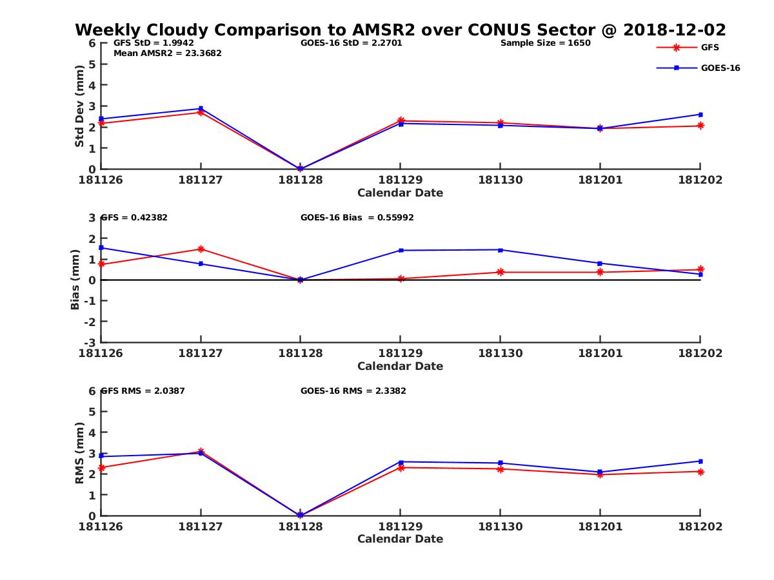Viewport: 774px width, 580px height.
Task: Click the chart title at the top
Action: point(400,30)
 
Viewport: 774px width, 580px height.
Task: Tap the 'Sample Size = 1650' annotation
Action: point(545,43)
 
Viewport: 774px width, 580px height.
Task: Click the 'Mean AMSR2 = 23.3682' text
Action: point(167,53)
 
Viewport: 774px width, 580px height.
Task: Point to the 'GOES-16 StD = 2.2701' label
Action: point(352,43)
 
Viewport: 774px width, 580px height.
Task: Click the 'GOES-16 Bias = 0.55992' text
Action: point(357,217)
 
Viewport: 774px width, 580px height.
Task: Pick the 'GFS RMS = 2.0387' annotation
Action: point(143,391)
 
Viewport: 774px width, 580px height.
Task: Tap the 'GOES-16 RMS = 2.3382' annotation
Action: point(353,391)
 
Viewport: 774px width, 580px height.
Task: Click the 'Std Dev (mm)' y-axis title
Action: point(79,106)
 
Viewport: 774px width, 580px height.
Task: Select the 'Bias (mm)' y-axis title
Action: point(75,280)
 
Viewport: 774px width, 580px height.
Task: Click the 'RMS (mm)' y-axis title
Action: point(79,453)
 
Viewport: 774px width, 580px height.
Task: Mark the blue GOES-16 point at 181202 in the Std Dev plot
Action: point(700,115)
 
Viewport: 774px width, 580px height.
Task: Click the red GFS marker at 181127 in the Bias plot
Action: point(201,249)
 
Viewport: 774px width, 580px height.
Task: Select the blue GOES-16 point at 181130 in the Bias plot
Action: point(500,250)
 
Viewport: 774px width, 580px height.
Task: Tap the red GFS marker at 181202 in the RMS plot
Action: point(700,472)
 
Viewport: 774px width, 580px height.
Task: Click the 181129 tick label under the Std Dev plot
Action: point(400,180)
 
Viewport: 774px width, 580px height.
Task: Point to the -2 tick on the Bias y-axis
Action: point(92,321)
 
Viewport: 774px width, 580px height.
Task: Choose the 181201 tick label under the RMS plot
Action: point(600,527)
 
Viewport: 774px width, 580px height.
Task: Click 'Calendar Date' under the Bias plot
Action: point(400,366)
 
